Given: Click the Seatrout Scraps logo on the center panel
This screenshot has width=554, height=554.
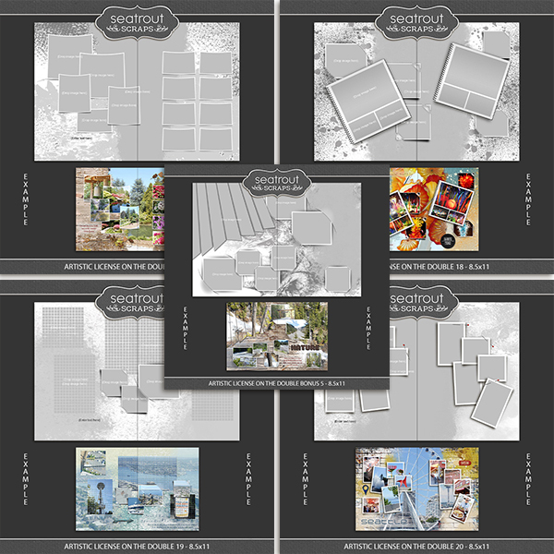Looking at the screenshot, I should [x=276, y=179].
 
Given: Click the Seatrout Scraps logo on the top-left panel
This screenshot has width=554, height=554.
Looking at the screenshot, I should [x=138, y=21].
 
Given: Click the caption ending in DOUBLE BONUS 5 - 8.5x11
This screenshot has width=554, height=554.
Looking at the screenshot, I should [x=277, y=381].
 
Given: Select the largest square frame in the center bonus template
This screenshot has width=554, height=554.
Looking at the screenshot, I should [x=311, y=227].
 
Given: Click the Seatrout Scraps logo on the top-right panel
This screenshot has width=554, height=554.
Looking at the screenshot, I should [x=415, y=21].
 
